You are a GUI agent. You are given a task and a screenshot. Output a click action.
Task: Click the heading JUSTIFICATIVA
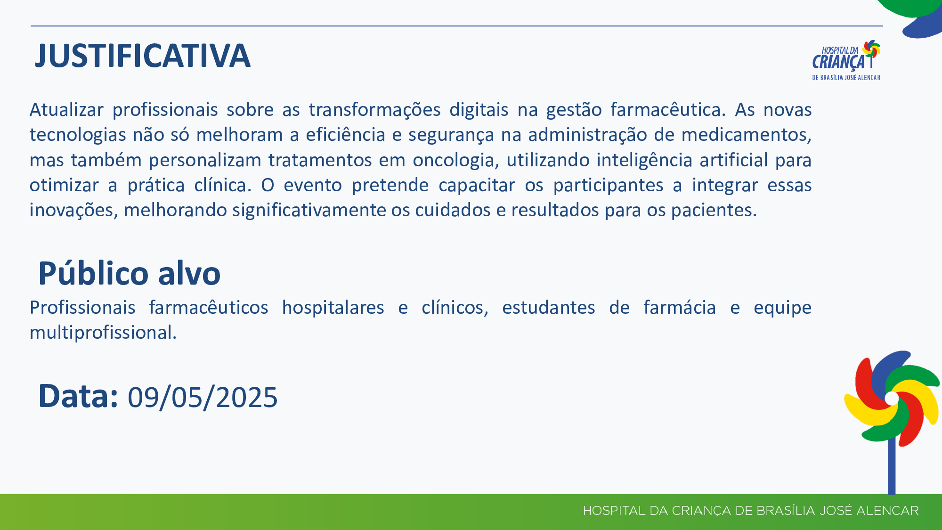[142, 56]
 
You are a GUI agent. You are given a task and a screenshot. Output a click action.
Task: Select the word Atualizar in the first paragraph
[66, 110]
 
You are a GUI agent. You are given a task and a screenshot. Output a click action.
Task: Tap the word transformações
[374, 110]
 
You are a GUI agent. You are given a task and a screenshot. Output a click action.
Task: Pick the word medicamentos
[746, 135]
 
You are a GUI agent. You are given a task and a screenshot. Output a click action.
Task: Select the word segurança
[451, 135]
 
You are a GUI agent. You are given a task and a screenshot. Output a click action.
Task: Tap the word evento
[313, 185]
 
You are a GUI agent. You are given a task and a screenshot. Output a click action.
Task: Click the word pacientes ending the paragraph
[714, 210]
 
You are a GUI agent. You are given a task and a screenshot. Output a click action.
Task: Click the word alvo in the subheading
[189, 273]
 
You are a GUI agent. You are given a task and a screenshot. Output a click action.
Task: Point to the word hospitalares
[333, 308]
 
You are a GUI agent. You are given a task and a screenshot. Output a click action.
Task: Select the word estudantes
[549, 308]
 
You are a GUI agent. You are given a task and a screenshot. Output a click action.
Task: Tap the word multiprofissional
[103, 333]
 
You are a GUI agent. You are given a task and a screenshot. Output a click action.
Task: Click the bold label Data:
[78, 396]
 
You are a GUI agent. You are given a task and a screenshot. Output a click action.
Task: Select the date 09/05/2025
[203, 397]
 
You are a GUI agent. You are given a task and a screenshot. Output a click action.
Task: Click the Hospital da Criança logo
[846, 60]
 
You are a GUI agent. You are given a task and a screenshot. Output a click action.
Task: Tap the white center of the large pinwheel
[892, 398]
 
